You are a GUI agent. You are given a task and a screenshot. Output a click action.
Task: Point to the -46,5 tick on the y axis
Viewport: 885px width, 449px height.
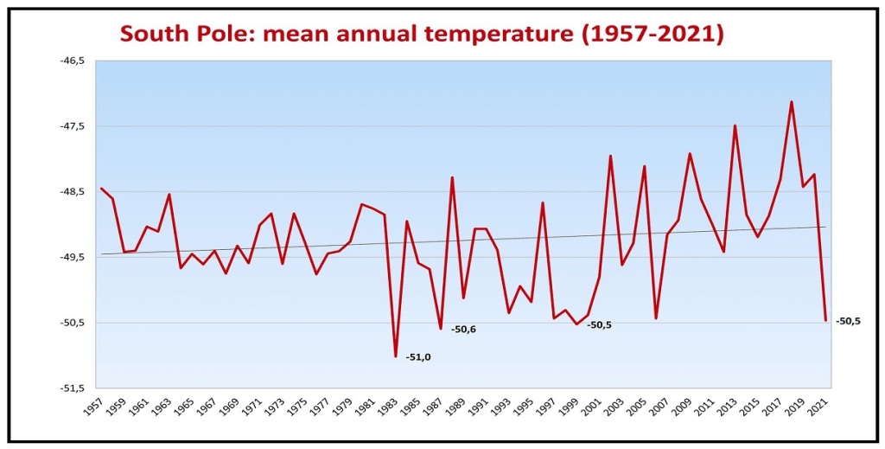[x=73, y=61]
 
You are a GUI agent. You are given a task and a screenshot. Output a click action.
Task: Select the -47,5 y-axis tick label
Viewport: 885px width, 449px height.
[x=73, y=126]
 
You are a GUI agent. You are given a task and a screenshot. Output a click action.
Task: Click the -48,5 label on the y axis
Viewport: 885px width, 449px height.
[x=73, y=192]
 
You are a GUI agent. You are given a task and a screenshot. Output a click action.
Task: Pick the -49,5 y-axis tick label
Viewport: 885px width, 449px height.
[x=73, y=258]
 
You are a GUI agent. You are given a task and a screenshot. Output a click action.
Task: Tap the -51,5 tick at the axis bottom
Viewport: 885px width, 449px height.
[x=73, y=388]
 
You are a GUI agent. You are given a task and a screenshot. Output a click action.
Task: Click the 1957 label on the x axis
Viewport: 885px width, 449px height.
[x=94, y=407]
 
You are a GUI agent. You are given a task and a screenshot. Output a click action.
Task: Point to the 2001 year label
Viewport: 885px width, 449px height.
[x=593, y=407]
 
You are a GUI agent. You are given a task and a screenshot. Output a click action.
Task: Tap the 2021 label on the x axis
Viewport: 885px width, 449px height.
[x=819, y=407]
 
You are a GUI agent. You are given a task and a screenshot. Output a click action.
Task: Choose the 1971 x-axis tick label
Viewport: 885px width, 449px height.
[x=253, y=407]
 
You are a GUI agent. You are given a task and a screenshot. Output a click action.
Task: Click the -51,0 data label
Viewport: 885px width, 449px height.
[x=418, y=356]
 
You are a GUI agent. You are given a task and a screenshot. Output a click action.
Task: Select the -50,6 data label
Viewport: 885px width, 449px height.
[x=463, y=329]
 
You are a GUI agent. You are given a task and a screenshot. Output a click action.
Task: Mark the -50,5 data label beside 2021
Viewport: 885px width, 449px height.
[x=848, y=321]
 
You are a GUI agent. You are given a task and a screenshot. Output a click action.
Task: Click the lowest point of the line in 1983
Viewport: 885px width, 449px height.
[x=396, y=356]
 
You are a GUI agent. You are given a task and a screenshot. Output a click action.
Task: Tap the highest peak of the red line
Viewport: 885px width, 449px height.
[x=792, y=102]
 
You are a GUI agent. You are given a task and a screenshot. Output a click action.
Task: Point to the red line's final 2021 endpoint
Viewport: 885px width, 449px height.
[x=825, y=321]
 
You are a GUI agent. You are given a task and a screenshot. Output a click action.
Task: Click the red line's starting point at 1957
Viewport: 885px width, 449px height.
[x=101, y=188]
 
